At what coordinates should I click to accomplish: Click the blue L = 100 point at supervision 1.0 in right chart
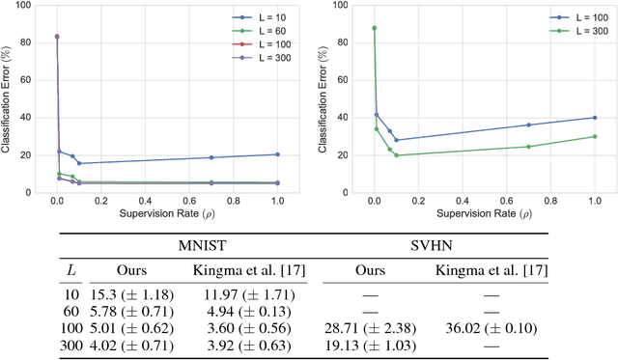[x=595, y=118]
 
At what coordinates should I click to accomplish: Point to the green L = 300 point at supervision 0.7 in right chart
[x=528, y=147]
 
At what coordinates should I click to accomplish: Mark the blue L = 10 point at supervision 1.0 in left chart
[x=277, y=154]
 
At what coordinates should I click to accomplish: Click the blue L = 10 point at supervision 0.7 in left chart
[x=211, y=157]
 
